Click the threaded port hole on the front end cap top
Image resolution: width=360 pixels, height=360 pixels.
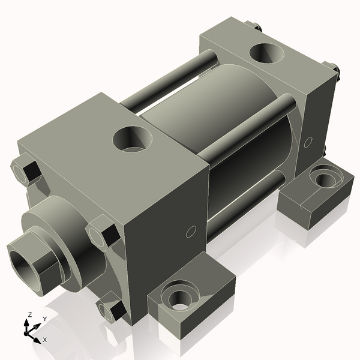click(134, 139)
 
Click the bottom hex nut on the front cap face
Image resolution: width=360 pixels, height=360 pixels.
click(112, 308)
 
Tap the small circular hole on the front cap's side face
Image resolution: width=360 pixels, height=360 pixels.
click(191, 231)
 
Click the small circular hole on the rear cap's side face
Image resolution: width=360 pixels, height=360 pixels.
click(309, 142)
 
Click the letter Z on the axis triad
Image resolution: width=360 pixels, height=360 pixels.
click(29, 314)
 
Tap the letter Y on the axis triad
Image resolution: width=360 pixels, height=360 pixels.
click(44, 319)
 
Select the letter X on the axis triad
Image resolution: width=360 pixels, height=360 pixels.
click(44, 340)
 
